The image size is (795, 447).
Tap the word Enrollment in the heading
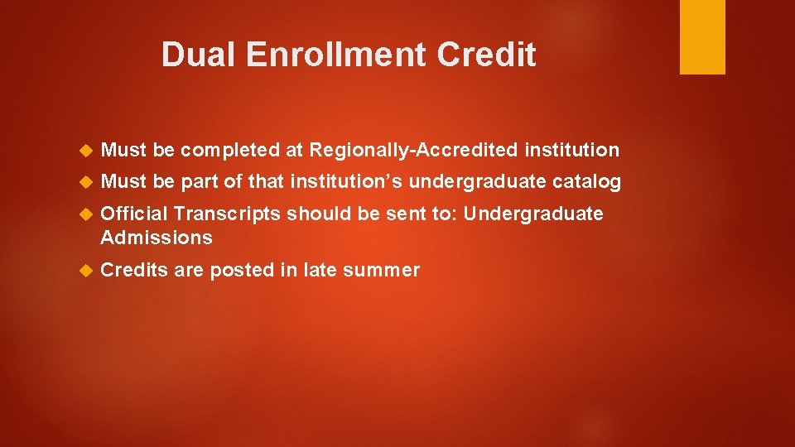point(335,55)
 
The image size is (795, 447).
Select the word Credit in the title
point(486,55)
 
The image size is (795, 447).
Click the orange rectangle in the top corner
point(702,37)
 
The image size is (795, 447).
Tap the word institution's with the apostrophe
point(347,182)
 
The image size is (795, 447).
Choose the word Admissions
point(157,238)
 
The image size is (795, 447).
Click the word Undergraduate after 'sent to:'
point(533,214)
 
